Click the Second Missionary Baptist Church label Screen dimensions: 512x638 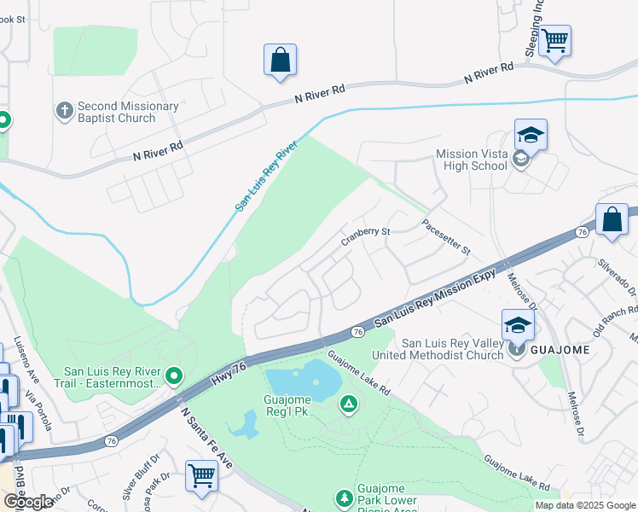pyautogui.click(x=128, y=112)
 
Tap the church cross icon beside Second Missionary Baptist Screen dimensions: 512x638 pyautogui.click(x=64, y=110)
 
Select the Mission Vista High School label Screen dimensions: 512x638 pyautogui.click(x=472, y=160)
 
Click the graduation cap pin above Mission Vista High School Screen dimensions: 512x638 pyautogui.click(x=530, y=136)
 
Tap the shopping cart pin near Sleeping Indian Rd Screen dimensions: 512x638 pyautogui.click(x=554, y=39)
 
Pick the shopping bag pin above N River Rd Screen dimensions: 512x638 pyautogui.click(x=280, y=60)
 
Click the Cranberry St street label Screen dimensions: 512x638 pyautogui.click(x=366, y=236)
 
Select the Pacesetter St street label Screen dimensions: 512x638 pyautogui.click(x=446, y=237)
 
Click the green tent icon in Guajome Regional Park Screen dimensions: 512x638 pyautogui.click(x=348, y=404)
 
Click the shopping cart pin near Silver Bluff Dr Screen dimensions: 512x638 pyautogui.click(x=202, y=474)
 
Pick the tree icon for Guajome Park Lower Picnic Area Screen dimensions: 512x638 pyautogui.click(x=344, y=497)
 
